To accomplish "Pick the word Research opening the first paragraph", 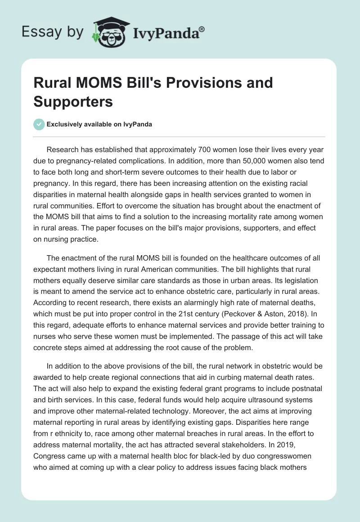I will click(63, 149).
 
